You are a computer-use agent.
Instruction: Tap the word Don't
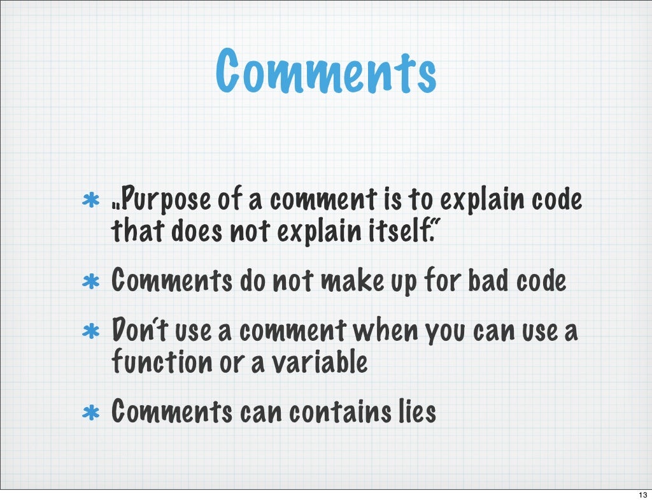click(132, 331)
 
